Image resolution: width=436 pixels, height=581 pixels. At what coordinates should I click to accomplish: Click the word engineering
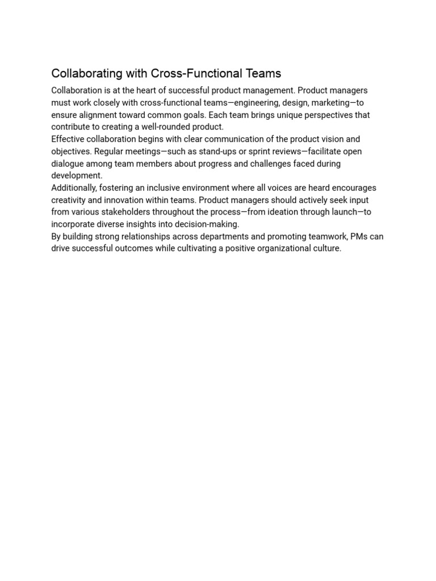tap(251, 103)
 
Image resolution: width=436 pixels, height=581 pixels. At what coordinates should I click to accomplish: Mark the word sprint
tap(261, 151)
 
